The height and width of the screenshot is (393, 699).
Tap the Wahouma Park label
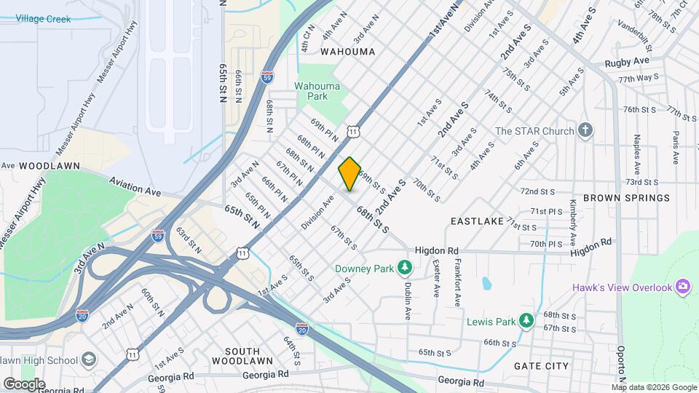[317, 91]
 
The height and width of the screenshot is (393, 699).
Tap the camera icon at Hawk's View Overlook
[683, 287]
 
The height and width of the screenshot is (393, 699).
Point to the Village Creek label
[43, 19]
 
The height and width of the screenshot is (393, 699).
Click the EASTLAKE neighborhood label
[477, 221]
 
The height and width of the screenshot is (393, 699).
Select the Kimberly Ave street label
[573, 222]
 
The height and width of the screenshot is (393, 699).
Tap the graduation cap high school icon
[88, 360]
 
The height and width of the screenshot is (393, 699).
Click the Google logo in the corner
[24, 384]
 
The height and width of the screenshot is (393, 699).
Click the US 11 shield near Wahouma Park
[353, 131]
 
